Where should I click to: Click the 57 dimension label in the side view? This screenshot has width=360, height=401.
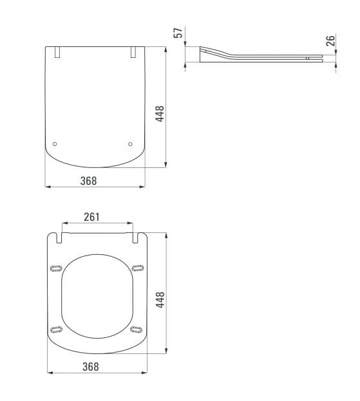click(x=178, y=33)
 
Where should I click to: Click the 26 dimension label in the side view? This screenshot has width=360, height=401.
click(x=330, y=41)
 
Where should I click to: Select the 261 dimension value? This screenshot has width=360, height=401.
click(x=92, y=217)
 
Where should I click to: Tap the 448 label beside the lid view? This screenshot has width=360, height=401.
click(x=160, y=113)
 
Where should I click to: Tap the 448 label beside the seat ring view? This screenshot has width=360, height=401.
click(x=160, y=300)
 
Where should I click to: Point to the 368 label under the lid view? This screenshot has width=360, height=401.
click(x=88, y=181)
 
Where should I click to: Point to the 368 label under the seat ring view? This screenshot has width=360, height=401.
click(x=91, y=366)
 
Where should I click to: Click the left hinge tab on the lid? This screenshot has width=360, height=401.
click(x=57, y=52)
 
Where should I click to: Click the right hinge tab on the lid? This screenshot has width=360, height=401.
click(x=133, y=52)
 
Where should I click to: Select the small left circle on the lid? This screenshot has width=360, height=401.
click(x=55, y=144)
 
